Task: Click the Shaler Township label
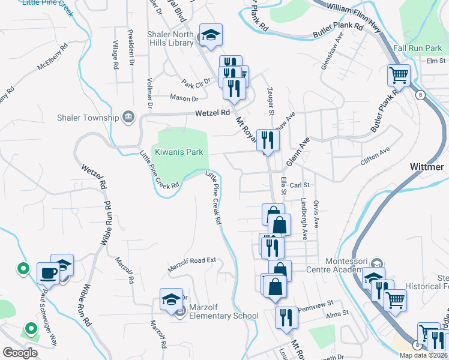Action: [x=87, y=117]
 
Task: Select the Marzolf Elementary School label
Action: [x=223, y=316]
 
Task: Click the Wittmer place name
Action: [x=427, y=166]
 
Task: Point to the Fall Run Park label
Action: [x=418, y=47]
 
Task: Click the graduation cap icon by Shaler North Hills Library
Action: [x=211, y=35]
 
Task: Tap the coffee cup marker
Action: [x=49, y=273]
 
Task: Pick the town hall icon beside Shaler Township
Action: [x=128, y=116]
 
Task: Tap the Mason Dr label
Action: [x=184, y=98]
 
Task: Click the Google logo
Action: [x=20, y=353]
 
